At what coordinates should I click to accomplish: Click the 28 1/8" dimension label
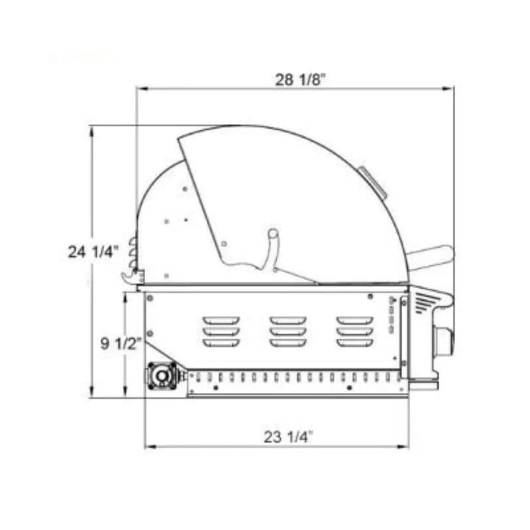[x=300, y=79]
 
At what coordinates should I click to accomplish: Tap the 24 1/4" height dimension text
[x=93, y=252]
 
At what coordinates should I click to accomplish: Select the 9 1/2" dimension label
[x=121, y=344]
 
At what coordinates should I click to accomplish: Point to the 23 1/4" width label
[x=287, y=437]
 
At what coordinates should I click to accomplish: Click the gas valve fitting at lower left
[x=162, y=376]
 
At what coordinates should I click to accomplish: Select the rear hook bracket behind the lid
[x=132, y=276]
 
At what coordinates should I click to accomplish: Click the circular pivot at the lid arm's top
[x=273, y=234]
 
